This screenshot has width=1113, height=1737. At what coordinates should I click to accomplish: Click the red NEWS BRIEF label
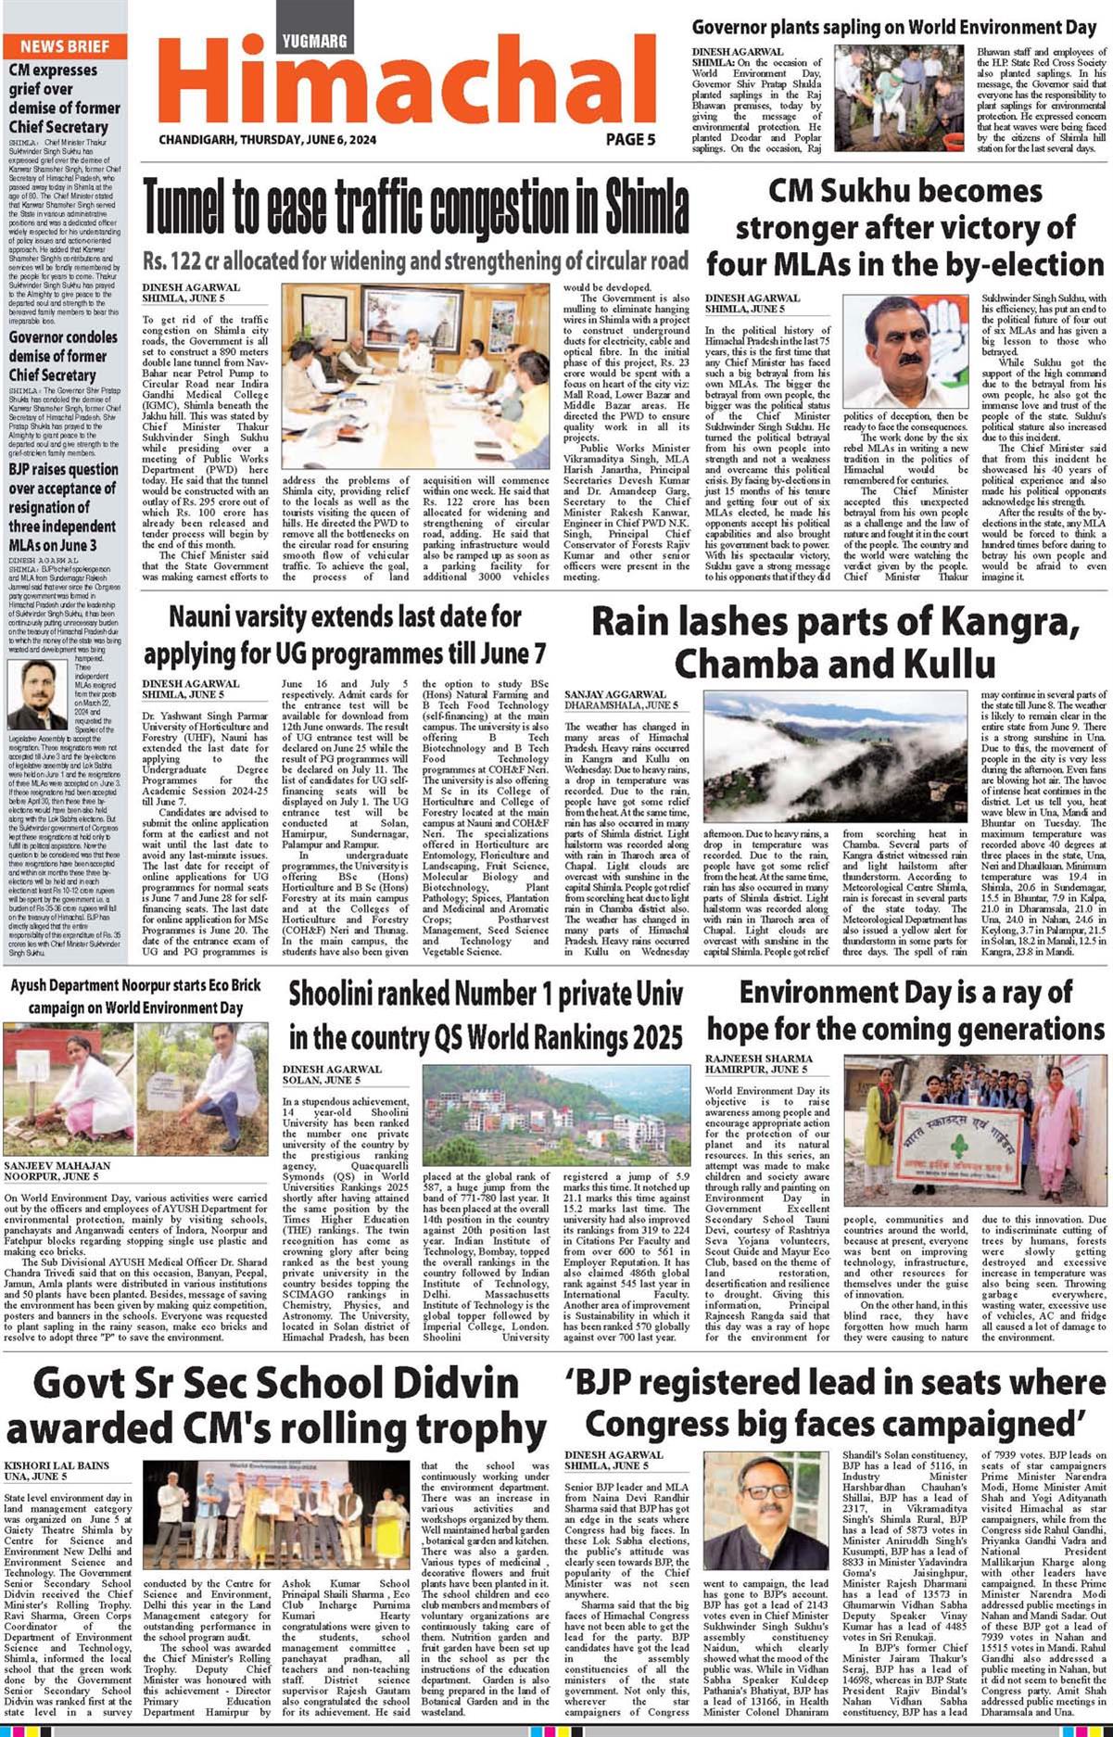tap(64, 46)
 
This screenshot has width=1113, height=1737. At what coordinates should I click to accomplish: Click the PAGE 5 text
tap(630, 139)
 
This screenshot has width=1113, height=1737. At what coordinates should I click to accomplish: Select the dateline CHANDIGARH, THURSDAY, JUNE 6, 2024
tap(268, 140)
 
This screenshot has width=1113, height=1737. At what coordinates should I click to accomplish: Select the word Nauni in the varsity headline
tap(204, 616)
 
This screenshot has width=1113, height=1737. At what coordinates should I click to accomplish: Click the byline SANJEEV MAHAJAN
tap(57, 1165)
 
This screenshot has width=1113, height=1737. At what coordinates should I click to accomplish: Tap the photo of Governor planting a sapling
tap(898, 99)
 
